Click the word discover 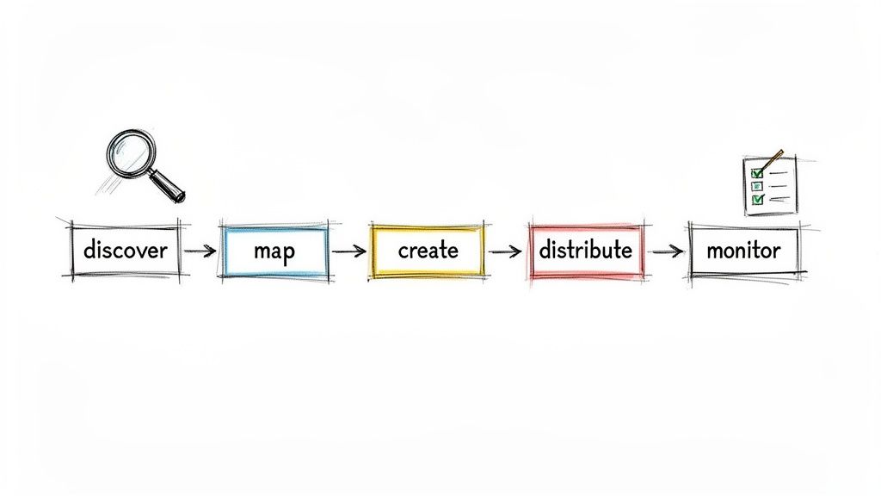pos(126,251)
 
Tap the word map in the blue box pos(274,251)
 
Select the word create pos(428,251)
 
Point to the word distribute pos(585,251)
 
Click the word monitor pos(742,251)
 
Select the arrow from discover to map pos(200,251)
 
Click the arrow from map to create pos(348,251)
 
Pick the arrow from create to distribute pos(505,251)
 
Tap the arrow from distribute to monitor pos(667,251)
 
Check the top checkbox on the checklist pos(757,173)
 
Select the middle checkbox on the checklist pos(757,186)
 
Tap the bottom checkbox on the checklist pos(757,200)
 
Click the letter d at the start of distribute pos(545,250)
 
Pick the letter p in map pos(288,253)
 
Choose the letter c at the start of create pos(403,251)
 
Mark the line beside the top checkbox pos(778,173)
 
